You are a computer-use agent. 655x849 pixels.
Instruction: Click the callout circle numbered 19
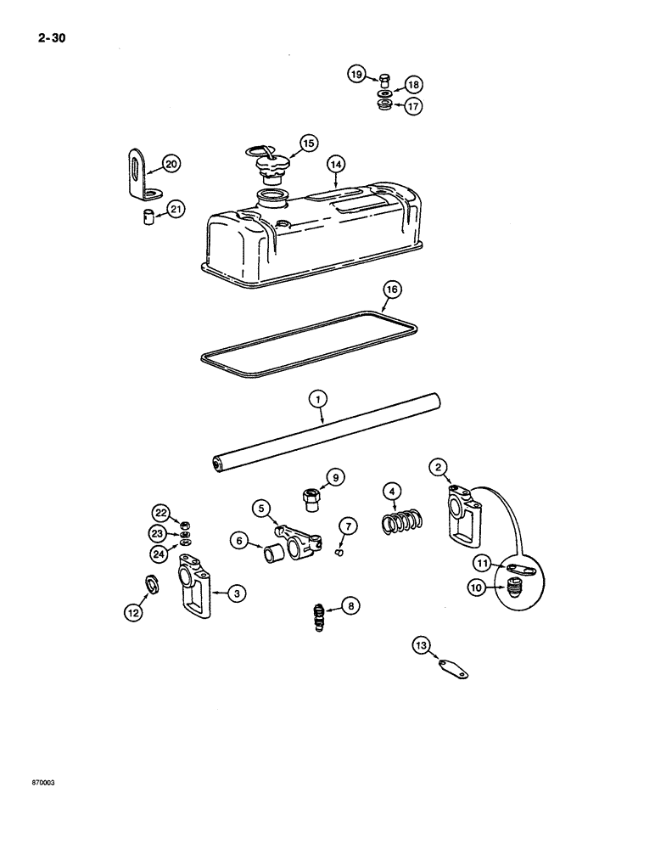(357, 76)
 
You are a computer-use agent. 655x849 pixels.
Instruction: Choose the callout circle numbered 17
(412, 107)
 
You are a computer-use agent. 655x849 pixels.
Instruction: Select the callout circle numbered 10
(477, 587)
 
